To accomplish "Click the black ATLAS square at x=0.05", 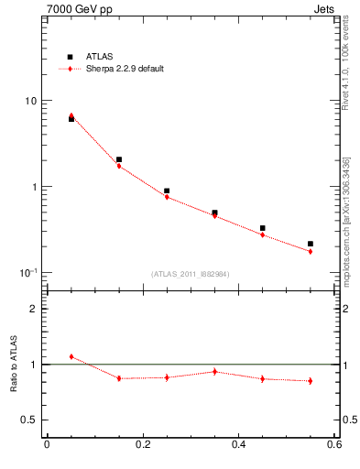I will click(x=71, y=119).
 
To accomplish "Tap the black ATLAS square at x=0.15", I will click(x=119, y=159).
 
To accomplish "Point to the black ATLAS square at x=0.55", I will click(x=311, y=244).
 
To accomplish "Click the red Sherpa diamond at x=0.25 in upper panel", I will click(x=167, y=197).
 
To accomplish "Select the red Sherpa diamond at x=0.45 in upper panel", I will click(x=263, y=234).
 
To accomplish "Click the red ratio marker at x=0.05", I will click(x=71, y=356).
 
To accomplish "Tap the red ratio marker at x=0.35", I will click(x=214, y=371).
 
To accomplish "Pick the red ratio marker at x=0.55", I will click(x=311, y=381).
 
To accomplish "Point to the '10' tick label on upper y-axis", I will click(x=30, y=101).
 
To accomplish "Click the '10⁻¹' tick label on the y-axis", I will click(x=28, y=272).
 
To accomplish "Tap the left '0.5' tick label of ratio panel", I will click(x=30, y=420).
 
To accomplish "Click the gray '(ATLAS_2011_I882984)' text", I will click(x=190, y=273).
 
